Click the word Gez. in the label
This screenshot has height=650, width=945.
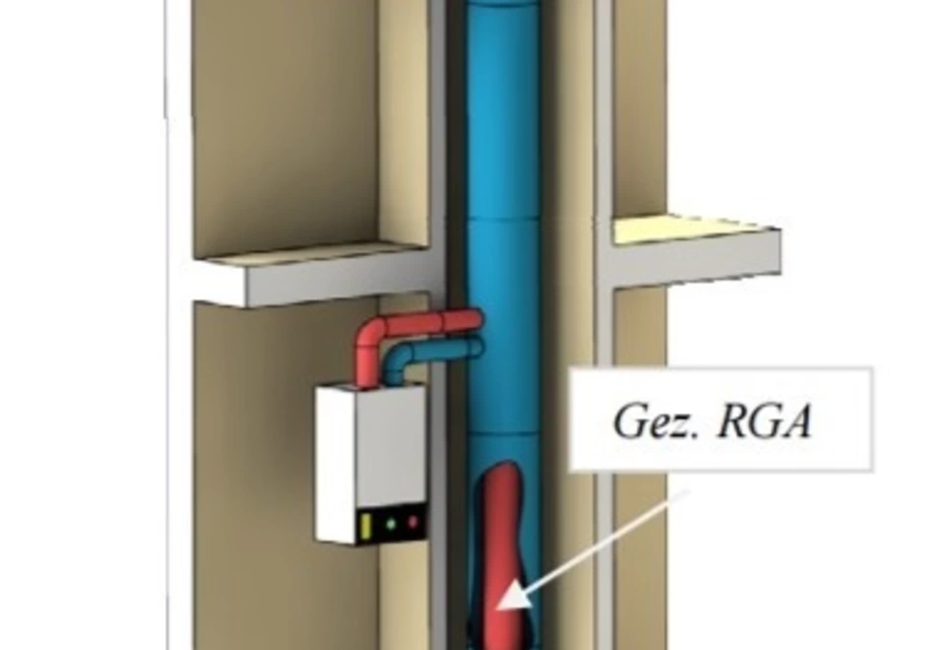coord(657,421)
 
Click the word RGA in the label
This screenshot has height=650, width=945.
coord(764,421)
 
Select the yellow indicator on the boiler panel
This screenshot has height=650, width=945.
coord(364,526)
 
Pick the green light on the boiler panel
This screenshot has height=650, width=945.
coord(391,525)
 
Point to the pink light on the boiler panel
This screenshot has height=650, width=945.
coord(412,522)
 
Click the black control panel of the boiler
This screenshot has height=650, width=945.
coord(392,525)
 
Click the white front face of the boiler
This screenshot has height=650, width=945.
coord(337,464)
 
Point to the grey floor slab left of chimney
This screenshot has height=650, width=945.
coord(313,275)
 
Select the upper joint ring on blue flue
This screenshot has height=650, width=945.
coord(501,219)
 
